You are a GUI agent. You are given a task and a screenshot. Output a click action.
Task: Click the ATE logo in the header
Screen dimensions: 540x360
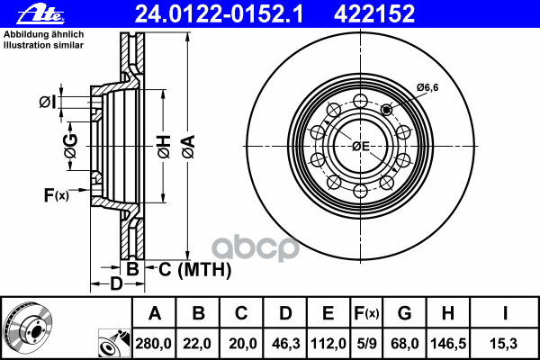(40, 14)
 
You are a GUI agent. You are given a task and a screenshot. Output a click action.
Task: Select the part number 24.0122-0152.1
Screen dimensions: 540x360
(219, 14)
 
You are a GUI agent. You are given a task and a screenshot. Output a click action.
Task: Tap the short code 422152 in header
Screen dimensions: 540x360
(374, 14)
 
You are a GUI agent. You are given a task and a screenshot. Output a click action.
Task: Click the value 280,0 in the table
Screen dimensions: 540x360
(153, 344)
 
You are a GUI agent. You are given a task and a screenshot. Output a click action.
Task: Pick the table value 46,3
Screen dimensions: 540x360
(286, 344)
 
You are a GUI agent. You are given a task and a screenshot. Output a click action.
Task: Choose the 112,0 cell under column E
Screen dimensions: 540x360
(328, 344)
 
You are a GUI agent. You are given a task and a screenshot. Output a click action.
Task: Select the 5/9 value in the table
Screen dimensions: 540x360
(366, 344)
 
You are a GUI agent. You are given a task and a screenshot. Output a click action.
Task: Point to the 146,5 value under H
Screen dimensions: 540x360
(448, 344)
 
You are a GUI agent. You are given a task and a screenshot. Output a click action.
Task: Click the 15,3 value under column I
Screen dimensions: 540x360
(503, 344)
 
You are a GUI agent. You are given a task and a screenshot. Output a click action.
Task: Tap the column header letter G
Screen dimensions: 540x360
(404, 313)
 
